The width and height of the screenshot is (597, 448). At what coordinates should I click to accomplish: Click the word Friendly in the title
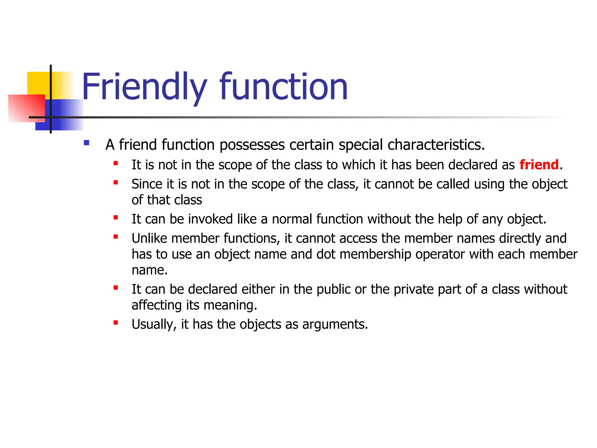144,87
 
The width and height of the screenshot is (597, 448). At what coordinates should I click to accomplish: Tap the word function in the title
283,87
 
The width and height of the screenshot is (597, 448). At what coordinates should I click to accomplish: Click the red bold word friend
539,165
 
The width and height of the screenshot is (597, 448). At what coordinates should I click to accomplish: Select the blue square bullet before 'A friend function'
86,143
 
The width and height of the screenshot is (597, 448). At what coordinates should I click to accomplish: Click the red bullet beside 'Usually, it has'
116,323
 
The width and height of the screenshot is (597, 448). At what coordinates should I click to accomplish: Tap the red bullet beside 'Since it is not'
116,183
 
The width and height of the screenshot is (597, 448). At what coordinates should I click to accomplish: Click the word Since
147,184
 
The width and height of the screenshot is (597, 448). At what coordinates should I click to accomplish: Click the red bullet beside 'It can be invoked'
116,218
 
